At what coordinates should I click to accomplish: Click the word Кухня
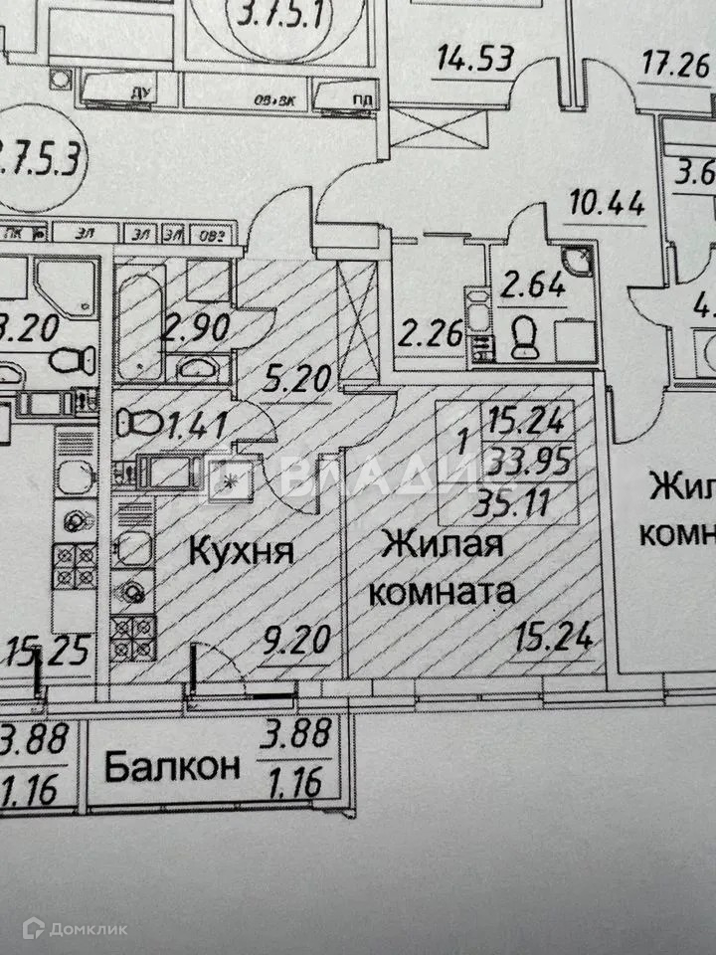(241, 549)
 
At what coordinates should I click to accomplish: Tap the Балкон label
(172, 767)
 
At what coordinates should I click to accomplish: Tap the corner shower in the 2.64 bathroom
(573, 262)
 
